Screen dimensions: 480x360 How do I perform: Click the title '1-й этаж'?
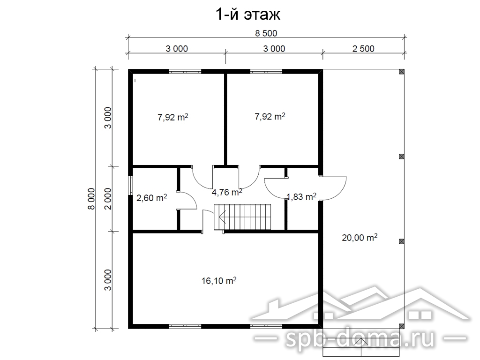248,15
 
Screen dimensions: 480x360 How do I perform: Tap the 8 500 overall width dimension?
266,33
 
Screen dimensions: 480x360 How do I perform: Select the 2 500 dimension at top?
363,49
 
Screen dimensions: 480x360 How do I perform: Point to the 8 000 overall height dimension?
91,199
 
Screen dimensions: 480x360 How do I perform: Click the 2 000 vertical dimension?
108,199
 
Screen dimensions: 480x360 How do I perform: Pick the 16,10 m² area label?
219,280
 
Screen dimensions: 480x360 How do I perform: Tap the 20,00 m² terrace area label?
360,237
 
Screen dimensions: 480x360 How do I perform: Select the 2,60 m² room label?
151,198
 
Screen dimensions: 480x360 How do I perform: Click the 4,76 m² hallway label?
227,192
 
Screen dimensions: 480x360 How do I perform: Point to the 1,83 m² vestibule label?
301,196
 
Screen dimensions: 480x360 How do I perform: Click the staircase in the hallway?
242,217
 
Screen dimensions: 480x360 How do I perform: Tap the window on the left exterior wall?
130,186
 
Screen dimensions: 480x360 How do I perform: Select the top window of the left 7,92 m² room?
185,72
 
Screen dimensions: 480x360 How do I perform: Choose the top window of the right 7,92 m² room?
266,72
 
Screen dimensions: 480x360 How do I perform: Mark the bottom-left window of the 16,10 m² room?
185,326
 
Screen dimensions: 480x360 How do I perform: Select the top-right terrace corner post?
402,72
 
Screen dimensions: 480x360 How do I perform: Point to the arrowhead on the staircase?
222,217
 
